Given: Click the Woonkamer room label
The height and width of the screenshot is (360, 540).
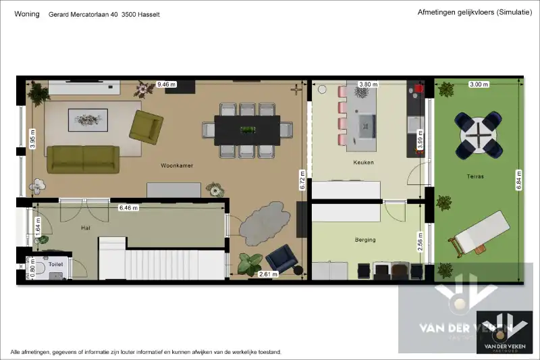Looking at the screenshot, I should (x=173, y=165).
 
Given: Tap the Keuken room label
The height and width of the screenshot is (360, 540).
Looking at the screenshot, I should (x=363, y=163).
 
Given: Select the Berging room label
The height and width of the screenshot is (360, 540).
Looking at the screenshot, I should (x=365, y=240).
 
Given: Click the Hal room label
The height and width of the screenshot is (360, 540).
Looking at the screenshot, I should (x=86, y=229).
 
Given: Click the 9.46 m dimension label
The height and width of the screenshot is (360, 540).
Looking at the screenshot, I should (x=166, y=84).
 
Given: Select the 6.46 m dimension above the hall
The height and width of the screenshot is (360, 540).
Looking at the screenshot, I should (x=128, y=208).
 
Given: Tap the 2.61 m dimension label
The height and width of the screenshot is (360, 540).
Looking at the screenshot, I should (x=268, y=274).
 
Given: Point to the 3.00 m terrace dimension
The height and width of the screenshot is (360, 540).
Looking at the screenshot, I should (x=479, y=84).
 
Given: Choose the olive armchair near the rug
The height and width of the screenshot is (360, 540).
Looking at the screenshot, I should (x=146, y=126).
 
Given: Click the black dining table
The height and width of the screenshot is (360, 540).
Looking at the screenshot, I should (x=247, y=129).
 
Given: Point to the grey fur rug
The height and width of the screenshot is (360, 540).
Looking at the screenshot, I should (x=263, y=224).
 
